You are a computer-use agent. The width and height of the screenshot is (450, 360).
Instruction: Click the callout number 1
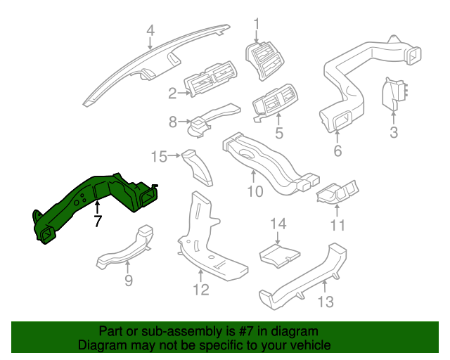[x=256, y=23]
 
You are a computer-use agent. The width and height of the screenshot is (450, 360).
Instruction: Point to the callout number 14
[x=279, y=224]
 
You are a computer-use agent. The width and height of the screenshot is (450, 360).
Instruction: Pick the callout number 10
[x=255, y=191]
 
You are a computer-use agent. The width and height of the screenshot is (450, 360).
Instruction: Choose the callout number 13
[x=326, y=302]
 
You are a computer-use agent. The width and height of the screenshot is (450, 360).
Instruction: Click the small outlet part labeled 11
[x=338, y=194]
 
